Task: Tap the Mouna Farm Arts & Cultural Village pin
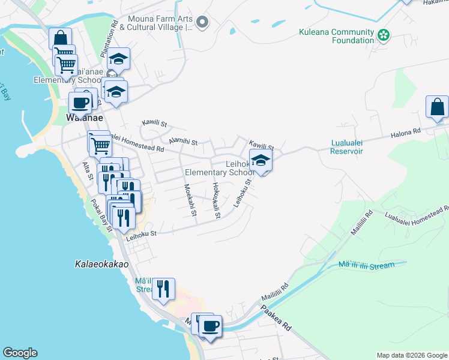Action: pyautogui.click(x=202, y=23)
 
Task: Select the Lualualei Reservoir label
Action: pyautogui.click(x=347, y=147)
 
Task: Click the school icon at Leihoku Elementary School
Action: pyautogui.click(x=261, y=160)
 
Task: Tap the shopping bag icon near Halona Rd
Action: pyautogui.click(x=438, y=107)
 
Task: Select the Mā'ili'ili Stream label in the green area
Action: pyautogui.click(x=366, y=265)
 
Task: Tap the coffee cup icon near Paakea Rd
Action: pyautogui.click(x=209, y=326)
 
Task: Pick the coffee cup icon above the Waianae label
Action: pyautogui.click(x=80, y=103)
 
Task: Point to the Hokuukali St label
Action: pyautogui.click(x=216, y=200)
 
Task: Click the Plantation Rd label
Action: pyautogui.click(x=110, y=40)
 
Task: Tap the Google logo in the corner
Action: pyautogui.click(x=20, y=353)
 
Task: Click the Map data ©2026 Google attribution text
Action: pyautogui.click(x=411, y=355)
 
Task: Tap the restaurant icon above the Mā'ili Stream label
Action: pyautogui.click(x=163, y=289)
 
